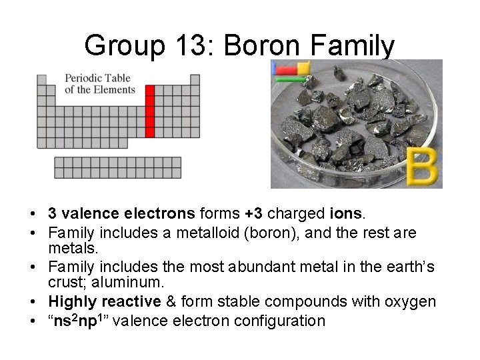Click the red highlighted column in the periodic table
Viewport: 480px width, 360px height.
tap(150, 111)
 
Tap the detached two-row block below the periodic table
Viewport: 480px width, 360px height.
tap(118, 167)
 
